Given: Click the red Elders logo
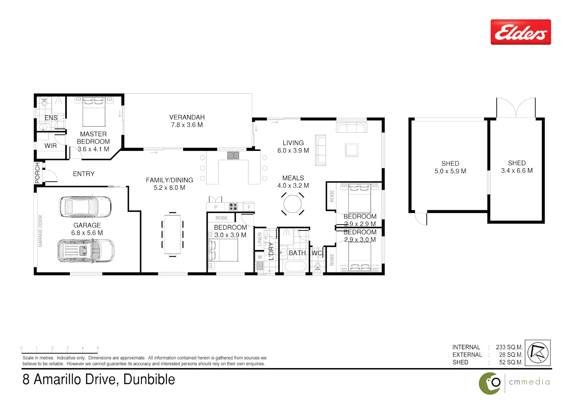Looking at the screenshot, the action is coord(521,32).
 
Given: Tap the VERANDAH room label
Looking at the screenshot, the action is coord(187,117).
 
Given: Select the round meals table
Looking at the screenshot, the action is coord(292,204).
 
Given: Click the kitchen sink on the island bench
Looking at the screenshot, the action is coord(233,155).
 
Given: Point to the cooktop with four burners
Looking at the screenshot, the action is coord(233,207).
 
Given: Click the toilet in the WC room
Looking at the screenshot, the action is coord(317,266).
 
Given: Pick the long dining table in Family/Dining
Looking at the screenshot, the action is coord(173,234).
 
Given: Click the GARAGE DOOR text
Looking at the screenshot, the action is coord(40,231).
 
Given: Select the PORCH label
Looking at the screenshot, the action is coord(38,173).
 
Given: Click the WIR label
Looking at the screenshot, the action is coord(51,146).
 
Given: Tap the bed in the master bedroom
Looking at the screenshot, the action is coord(94,112).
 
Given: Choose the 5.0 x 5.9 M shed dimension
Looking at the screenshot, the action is coord(450,171).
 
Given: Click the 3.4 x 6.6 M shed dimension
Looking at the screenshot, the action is coord(517,171).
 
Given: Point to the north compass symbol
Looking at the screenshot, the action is coord(538,353).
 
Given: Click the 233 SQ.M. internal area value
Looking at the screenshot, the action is coord(509,347).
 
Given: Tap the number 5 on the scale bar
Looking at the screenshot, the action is coord(98,348).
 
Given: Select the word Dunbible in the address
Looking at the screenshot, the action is coord(149,379).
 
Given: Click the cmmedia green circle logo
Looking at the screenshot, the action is coord(490,384).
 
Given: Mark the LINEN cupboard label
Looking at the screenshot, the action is coord(259,239).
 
